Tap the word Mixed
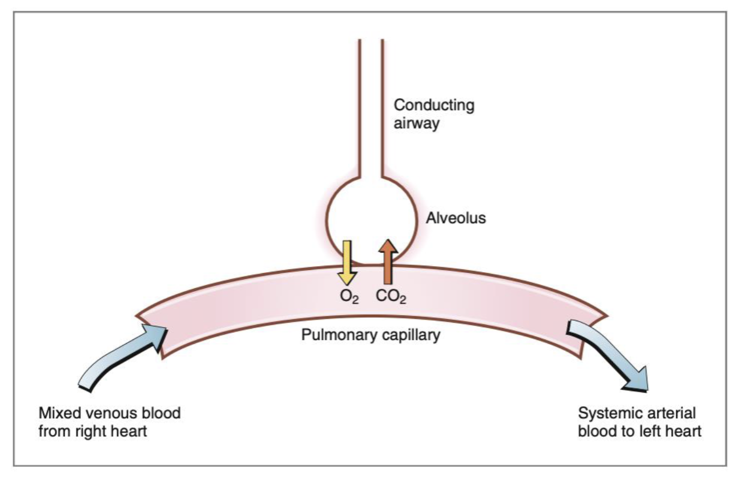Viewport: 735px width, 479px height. (58, 414)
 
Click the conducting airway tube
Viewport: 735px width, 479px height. (371, 108)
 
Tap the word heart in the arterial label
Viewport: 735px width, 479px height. (688, 432)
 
